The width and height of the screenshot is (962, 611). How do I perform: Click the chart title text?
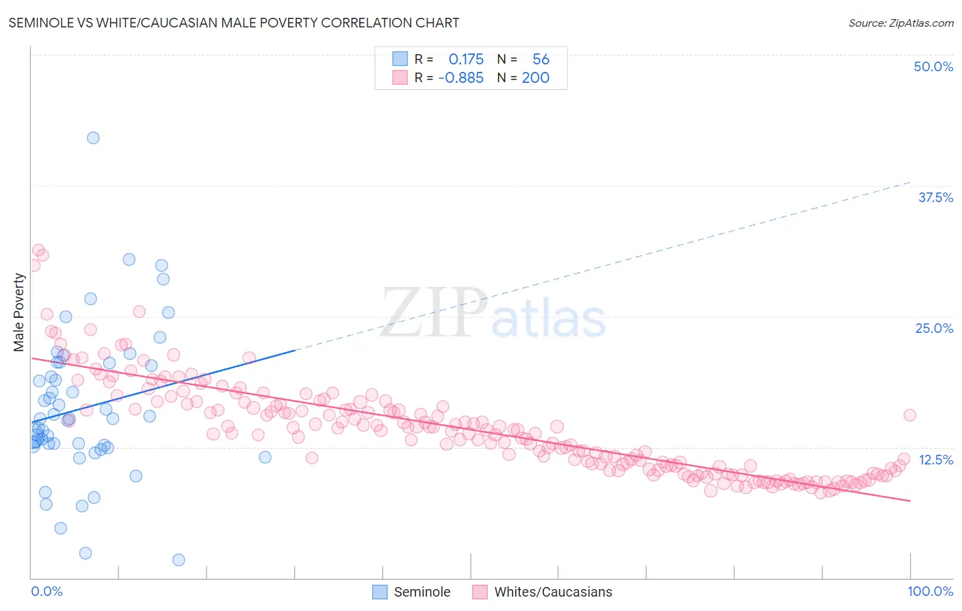233,23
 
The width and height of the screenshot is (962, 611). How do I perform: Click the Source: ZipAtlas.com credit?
900,23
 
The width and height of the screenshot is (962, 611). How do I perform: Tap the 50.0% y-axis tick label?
933,66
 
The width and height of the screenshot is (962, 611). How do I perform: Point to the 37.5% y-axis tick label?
935,197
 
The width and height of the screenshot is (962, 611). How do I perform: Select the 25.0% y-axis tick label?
934,328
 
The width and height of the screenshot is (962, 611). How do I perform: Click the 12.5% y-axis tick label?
935,460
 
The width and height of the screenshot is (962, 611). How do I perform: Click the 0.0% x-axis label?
47,591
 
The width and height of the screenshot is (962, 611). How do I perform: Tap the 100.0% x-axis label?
930,591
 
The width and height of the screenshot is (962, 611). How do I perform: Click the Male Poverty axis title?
19,312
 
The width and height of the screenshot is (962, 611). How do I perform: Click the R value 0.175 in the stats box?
466,60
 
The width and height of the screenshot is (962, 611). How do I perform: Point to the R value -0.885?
461,78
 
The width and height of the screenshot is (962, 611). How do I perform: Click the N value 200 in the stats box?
536,78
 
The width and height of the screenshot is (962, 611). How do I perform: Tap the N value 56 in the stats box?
541,60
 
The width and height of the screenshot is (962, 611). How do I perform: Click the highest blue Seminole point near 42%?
93,138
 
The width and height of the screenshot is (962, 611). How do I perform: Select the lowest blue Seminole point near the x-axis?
179,560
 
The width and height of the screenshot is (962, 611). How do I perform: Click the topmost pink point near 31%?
38,250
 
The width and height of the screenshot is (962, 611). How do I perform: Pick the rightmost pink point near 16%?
909,415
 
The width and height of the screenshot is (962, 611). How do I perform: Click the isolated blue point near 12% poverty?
265,457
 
